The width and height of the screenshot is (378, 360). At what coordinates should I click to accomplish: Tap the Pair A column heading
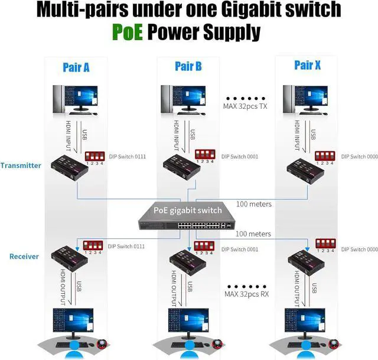click(x=76, y=67)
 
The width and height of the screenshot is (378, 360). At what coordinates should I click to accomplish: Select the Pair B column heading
click(x=188, y=67)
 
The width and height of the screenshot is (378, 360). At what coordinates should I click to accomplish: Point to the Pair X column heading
click(x=307, y=65)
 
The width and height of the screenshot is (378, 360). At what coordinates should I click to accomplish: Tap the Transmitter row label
click(x=21, y=166)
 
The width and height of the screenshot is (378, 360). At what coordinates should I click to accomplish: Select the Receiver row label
click(x=24, y=257)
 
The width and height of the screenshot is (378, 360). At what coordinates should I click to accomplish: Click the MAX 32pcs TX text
click(x=245, y=106)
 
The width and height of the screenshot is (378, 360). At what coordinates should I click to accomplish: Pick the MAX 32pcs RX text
click(x=247, y=294)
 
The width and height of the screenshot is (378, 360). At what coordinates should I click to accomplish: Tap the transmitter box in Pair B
click(x=186, y=167)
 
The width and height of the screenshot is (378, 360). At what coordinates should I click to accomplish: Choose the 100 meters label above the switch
click(x=253, y=205)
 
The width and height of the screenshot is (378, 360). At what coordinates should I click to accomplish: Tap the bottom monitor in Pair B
click(x=188, y=322)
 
